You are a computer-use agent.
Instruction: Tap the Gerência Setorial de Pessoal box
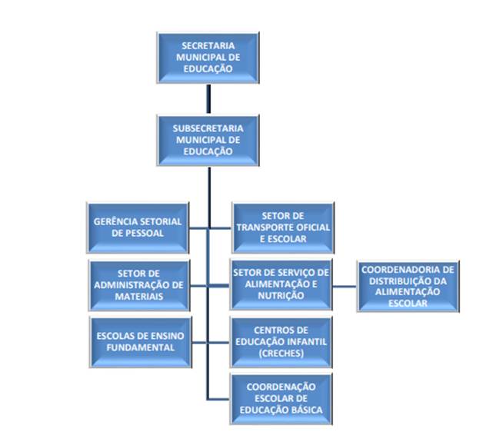tap(138, 227)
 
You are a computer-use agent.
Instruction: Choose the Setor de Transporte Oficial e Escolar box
tap(283, 227)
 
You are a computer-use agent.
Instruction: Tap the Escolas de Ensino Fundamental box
tap(138, 340)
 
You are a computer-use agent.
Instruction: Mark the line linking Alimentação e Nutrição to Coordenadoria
tap(345, 285)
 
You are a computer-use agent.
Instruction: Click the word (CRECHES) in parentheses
tap(281, 353)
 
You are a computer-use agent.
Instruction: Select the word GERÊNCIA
tap(115, 221)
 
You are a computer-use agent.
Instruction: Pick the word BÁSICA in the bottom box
tap(308, 409)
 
